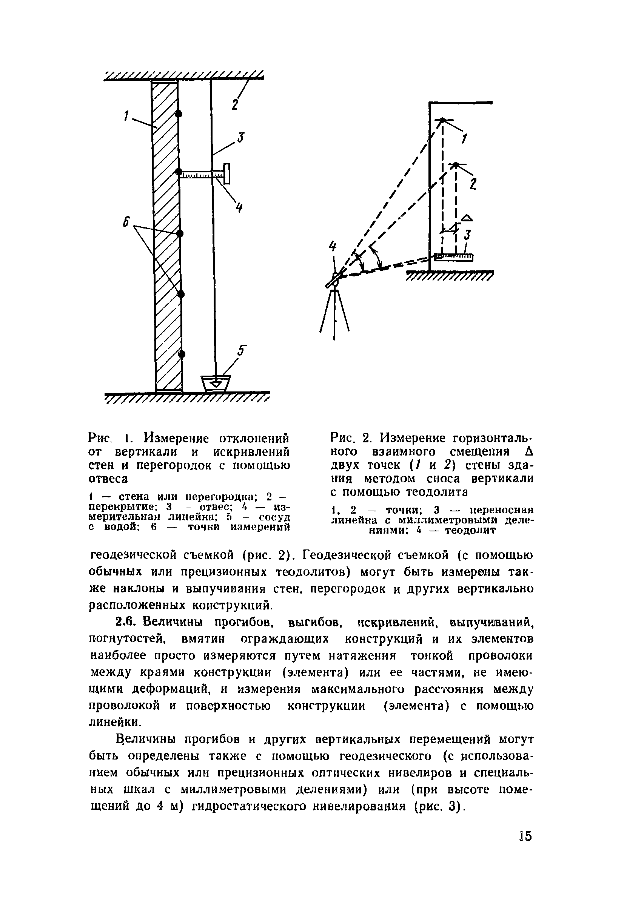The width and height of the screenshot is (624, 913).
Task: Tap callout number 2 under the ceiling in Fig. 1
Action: [235, 104]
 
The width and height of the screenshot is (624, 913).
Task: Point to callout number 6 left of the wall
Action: [126, 223]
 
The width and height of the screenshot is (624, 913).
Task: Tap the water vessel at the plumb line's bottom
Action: [216, 383]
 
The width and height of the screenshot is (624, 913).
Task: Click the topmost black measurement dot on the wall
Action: [179, 114]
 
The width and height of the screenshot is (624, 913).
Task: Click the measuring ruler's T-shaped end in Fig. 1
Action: [227, 172]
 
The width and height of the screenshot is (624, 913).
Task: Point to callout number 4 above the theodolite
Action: [333, 246]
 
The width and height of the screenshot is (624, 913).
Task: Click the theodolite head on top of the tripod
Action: [334, 279]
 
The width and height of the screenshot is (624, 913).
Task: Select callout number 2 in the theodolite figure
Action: [473, 184]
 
